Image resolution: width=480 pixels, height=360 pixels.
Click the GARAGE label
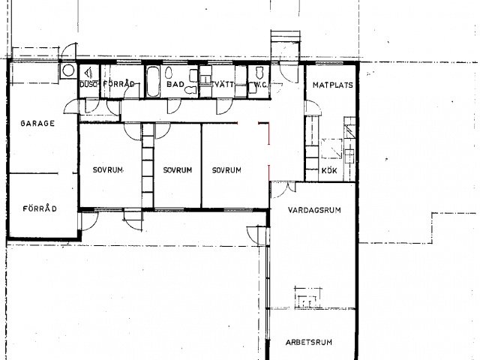point(37,123)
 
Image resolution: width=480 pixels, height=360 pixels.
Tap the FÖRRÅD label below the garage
point(40,208)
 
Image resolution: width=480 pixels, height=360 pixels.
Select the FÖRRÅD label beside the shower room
point(118,84)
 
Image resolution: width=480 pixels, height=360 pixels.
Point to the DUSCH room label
point(88,84)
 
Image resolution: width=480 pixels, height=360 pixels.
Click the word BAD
point(175,84)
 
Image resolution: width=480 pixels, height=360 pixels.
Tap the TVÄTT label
point(223,84)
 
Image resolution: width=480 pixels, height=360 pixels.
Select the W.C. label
point(260,85)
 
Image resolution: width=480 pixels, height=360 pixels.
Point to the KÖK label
point(329,170)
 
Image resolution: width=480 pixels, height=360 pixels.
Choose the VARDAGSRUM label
point(314,210)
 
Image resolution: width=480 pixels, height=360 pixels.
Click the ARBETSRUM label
point(309,342)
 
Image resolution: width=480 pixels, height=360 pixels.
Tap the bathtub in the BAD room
point(153,82)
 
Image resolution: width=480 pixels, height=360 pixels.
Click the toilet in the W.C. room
point(259,72)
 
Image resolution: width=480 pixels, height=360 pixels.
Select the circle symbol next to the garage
point(67,70)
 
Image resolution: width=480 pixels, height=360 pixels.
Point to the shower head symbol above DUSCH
point(88,73)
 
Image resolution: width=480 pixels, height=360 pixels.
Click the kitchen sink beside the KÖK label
point(349,155)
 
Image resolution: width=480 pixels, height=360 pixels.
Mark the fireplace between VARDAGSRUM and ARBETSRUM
point(308,298)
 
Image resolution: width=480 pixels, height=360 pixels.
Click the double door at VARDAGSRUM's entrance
point(283,189)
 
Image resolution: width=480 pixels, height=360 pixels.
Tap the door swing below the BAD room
point(174,106)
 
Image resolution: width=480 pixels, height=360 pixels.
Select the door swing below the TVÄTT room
point(223,106)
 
